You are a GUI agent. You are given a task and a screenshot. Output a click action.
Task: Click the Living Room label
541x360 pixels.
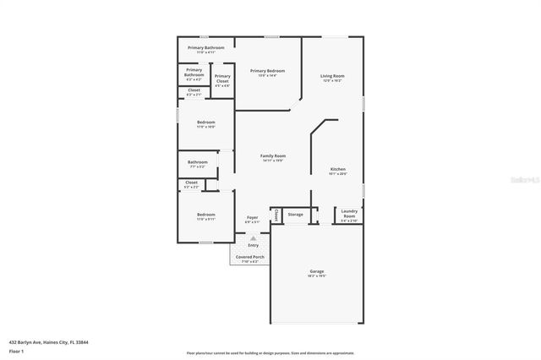(x=332, y=76)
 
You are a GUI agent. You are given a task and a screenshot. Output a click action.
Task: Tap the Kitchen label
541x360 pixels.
(x=338, y=169)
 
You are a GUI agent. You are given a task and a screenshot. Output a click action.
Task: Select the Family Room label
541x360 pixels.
(x=272, y=155)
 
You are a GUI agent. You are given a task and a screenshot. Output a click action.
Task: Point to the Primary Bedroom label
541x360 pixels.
(x=267, y=71)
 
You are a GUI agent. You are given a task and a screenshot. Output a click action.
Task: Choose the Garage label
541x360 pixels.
(x=316, y=271)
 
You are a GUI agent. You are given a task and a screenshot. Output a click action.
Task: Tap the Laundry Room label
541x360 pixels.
(x=349, y=214)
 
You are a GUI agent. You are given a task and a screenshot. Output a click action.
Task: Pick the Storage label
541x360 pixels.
(x=295, y=215)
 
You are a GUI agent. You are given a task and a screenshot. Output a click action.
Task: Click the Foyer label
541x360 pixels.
(x=252, y=218)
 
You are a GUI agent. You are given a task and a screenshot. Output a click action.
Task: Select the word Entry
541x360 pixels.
(x=253, y=245)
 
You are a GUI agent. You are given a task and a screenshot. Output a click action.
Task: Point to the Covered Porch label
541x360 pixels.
(x=250, y=256)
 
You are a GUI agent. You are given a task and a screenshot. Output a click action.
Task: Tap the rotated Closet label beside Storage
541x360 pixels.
(x=276, y=215)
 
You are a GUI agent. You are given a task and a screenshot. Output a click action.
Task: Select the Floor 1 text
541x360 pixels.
(x=17, y=350)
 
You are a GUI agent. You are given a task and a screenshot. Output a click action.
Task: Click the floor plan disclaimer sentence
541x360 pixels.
(x=270, y=353)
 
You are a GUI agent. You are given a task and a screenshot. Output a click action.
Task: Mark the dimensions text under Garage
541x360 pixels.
(x=316, y=276)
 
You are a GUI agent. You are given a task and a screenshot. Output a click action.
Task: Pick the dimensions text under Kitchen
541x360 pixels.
(x=338, y=174)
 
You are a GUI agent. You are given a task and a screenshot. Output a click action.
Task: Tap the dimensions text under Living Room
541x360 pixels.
(x=332, y=81)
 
